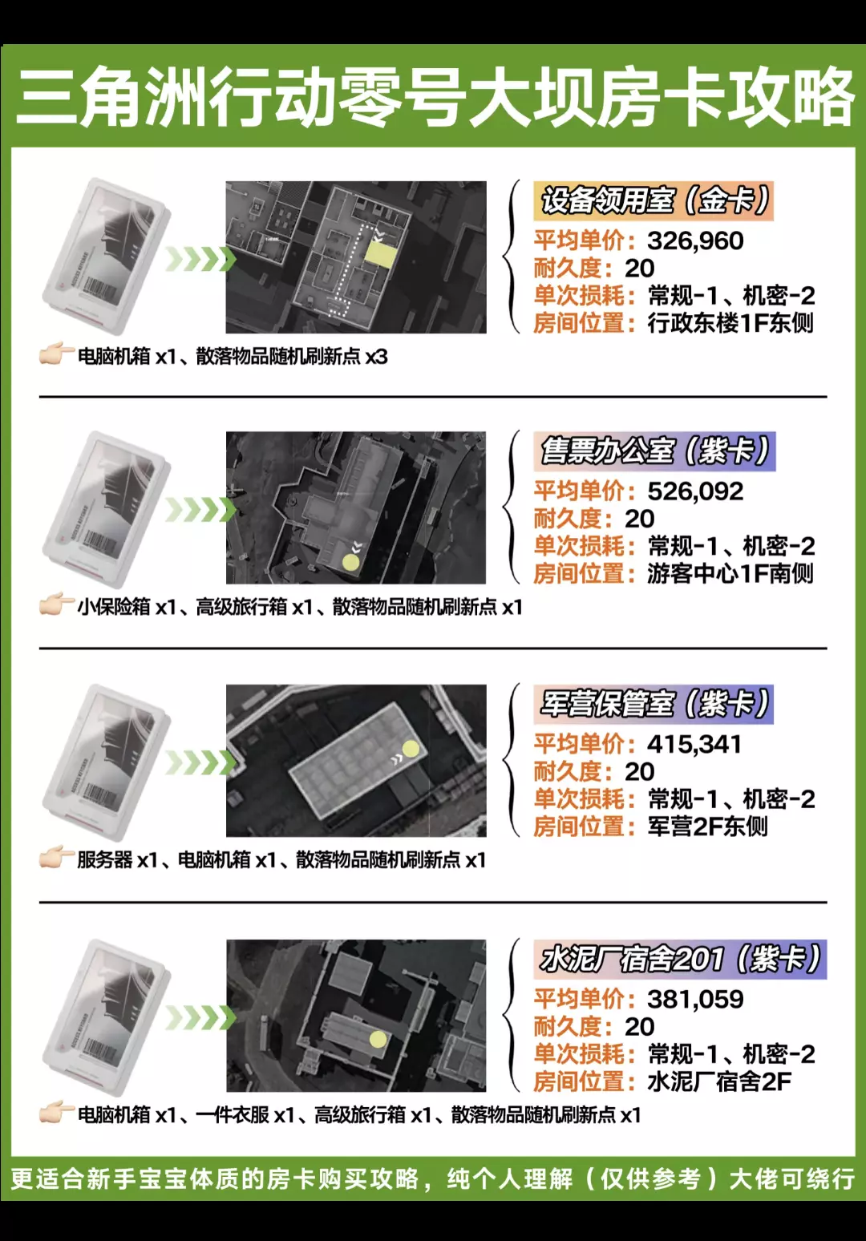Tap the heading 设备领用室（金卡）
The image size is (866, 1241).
pos(654,200)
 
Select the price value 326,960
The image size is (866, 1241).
pos(695,241)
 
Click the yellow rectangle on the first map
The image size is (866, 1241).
pos(381,256)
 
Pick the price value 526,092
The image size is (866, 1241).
pos(695,491)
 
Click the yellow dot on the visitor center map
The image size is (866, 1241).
pos(350,562)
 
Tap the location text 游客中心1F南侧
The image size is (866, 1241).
pos(730,574)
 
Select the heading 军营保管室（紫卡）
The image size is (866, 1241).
pos(654,704)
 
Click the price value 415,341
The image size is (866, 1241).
pos(694,744)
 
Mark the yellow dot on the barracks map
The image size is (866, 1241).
pos(410,749)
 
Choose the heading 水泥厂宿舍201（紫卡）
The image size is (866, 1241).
pos(680,959)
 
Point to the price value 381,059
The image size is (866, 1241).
pos(695,1000)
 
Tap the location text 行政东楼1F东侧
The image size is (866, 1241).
pos(730,324)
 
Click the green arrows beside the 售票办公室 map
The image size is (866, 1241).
pos(200,510)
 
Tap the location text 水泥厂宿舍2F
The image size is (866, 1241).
pos(719,1082)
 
